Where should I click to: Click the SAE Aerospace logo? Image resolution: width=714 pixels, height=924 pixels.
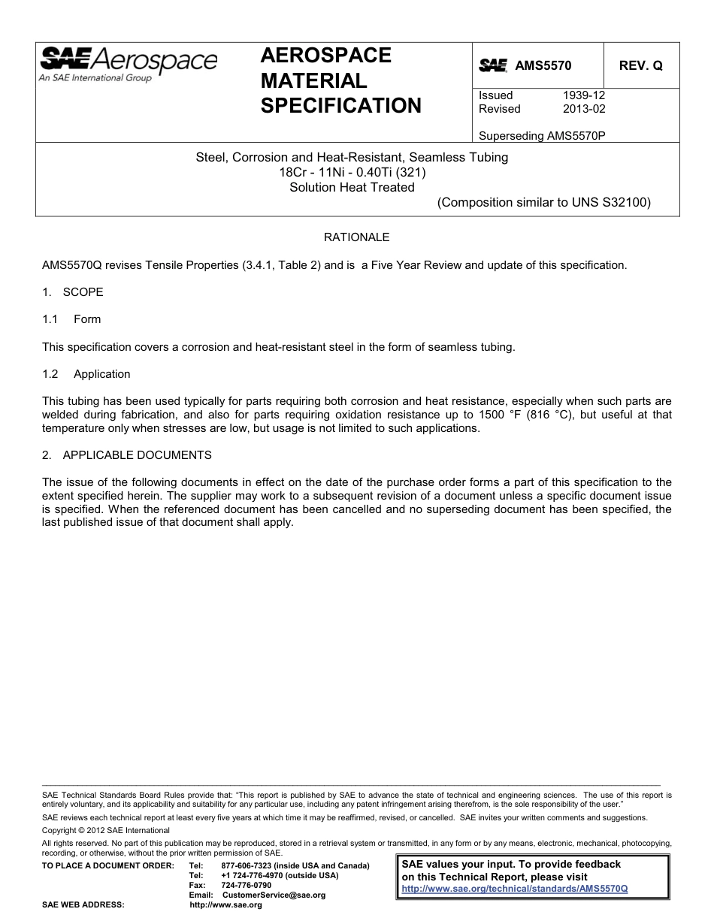pos(128,62)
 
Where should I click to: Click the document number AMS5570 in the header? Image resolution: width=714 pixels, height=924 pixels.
pos(543,65)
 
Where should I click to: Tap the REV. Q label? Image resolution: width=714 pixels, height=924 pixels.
pos(640,65)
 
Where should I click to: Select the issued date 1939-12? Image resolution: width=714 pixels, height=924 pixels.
pos(584,95)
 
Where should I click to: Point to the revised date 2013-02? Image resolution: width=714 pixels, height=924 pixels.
pos(584,109)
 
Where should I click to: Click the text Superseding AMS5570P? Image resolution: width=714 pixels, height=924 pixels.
pos(542,136)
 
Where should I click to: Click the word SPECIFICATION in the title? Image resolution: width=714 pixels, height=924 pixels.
pos(341,105)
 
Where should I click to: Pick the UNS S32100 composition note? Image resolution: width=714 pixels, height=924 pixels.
pos(544,202)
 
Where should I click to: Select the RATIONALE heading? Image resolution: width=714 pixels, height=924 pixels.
pos(356,237)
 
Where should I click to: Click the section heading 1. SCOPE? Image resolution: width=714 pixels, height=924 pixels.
pos(73,291)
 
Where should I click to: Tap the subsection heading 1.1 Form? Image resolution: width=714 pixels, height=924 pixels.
pos(72,319)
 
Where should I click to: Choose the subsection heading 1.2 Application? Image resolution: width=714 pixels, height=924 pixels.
pos(86,374)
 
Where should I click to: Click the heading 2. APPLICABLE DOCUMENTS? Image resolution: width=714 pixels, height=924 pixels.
pos(127,455)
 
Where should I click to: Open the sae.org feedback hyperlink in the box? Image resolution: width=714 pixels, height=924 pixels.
pos(515,888)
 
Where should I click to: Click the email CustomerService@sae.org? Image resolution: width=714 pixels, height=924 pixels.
pos(274,895)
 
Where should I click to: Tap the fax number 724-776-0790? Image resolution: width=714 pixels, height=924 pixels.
pos(247,885)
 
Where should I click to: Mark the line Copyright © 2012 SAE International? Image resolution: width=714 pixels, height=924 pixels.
pos(106,830)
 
